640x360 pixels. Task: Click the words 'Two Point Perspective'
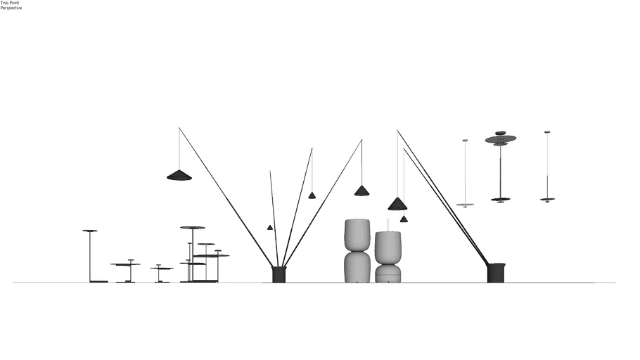coord(11,6)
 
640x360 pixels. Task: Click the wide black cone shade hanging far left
coord(179,175)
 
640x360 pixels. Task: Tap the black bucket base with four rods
coord(279,274)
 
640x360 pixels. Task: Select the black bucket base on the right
coord(496,273)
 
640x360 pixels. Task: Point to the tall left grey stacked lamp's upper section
coord(357,235)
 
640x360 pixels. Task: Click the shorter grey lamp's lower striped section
coord(388,274)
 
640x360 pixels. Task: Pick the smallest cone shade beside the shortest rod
coord(270,227)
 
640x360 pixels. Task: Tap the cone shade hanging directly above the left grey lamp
coord(361,191)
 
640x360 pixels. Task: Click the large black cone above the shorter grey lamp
coord(397,204)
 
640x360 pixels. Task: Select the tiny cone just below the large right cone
coord(404,219)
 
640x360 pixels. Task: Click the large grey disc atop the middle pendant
coord(501,139)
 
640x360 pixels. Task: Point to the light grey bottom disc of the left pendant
coord(465,205)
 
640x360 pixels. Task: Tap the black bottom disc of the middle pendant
coord(501,200)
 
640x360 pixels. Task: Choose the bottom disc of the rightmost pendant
coord(547,199)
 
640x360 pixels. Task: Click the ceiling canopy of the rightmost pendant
coord(547,132)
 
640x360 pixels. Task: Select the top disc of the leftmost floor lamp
coord(90,231)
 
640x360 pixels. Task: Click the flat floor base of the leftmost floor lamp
coord(98,281)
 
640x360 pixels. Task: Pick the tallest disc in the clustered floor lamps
coord(193,227)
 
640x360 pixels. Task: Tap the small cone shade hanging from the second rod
coord(312,195)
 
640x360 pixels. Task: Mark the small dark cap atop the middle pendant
coord(501,133)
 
